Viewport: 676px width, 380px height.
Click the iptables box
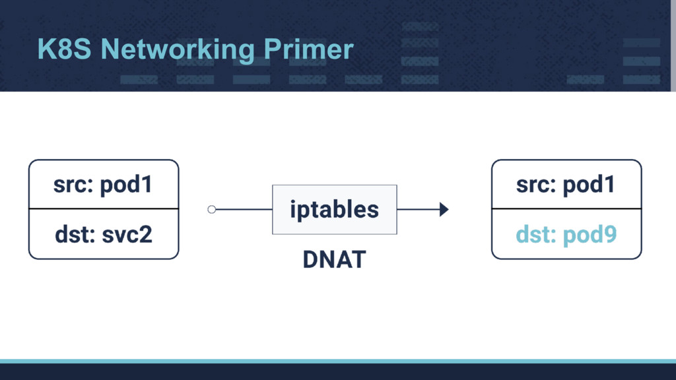pos(334,210)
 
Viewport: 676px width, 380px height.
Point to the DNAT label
pos(334,260)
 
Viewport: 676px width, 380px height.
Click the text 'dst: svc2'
pos(104,234)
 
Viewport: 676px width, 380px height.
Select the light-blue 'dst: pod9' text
pos(566,234)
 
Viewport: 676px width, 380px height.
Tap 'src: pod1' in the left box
pos(104,185)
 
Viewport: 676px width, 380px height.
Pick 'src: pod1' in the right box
pos(566,185)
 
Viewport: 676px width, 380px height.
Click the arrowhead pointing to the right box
pos(444,210)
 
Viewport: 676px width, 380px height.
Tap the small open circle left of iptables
pos(211,210)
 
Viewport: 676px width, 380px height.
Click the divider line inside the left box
pos(104,208)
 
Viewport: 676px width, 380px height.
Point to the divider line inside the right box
pos(566,208)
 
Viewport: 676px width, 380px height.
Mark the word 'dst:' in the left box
pos(73,234)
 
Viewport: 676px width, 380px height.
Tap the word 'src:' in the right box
pos(536,185)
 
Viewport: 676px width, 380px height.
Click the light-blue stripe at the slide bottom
pos(338,361)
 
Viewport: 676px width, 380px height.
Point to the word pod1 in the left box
pos(127,185)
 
